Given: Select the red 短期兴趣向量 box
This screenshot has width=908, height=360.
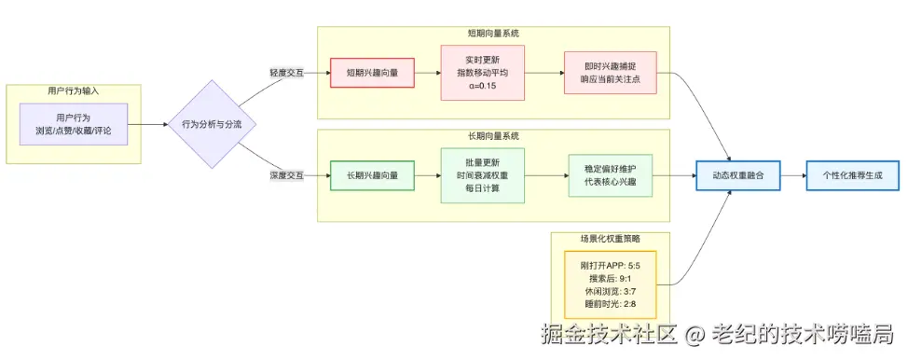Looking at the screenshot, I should tap(372, 73).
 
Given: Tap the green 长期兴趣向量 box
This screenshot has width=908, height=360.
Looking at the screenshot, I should tap(372, 175).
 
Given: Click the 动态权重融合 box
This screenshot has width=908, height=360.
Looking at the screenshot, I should tap(736, 175).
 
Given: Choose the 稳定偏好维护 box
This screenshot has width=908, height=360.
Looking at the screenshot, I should tap(611, 175).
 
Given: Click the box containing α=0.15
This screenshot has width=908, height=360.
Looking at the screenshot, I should tap(483, 73).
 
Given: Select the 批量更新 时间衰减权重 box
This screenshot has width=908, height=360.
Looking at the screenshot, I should tap(483, 175).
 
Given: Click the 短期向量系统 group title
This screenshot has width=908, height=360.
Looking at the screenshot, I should tap(493, 33).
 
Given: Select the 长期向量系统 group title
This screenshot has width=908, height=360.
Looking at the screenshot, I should tap(493, 136).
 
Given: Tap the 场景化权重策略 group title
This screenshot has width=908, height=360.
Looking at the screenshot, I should tap(610, 239).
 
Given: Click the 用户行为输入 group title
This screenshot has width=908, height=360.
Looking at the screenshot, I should tap(74, 91).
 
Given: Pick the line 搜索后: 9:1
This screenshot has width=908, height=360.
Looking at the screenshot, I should tap(611, 278).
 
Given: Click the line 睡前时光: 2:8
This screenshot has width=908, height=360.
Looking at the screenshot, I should tap(611, 305).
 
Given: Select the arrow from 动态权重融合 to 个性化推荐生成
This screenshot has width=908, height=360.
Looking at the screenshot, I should tap(792, 175).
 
